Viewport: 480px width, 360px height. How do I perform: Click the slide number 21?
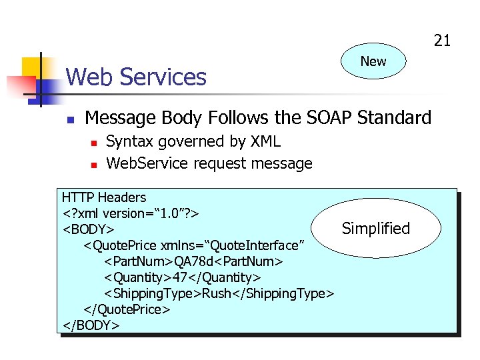pos(442,41)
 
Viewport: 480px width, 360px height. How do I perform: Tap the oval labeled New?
pos(373,61)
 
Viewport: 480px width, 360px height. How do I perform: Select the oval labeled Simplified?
pos(376,229)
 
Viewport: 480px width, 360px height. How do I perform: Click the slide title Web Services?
pos(136,77)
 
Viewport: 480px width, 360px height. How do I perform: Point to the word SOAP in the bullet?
pos(329,118)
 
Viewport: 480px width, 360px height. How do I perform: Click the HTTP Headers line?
pos(103,197)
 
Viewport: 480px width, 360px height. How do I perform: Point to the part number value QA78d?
pos(199,261)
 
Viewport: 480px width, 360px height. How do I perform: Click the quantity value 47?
pos(181,277)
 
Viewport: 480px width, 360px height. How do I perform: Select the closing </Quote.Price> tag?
pos(127,309)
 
